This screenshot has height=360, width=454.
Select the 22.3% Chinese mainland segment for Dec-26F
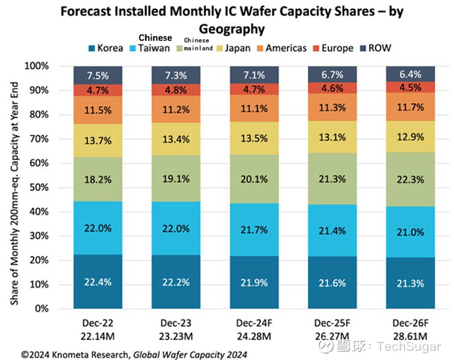411,179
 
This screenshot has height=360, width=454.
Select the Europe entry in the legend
335,48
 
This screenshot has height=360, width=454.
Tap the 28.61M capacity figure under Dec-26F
411,334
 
